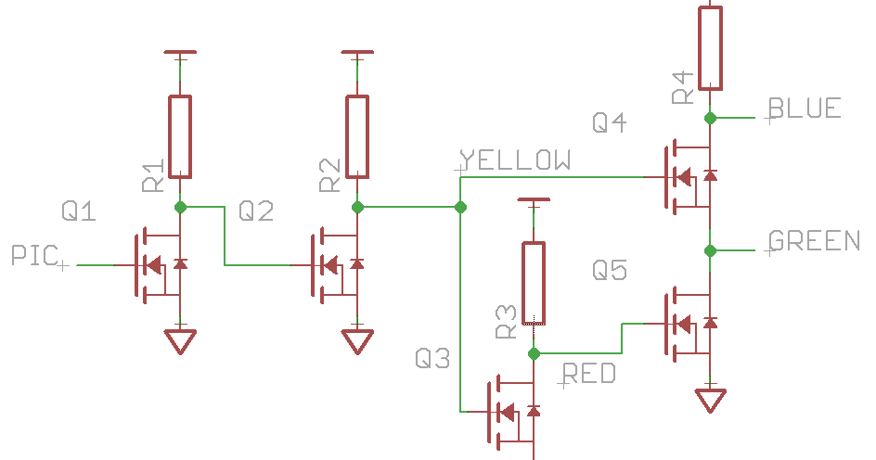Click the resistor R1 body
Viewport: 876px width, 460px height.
[x=180, y=136]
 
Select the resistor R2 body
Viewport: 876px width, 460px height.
[x=357, y=136]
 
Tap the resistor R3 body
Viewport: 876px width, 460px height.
[x=534, y=283]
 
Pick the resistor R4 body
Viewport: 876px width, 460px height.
[x=710, y=46]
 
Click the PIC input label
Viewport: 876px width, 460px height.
[x=35, y=255]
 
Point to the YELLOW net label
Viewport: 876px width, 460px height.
[x=517, y=160]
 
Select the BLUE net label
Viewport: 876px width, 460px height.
[x=805, y=109]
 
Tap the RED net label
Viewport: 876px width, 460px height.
[x=590, y=374]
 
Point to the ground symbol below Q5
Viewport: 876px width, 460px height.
[x=711, y=400]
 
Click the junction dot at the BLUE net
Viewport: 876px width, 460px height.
[x=710, y=118]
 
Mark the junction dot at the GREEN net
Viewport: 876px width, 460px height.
[x=710, y=250]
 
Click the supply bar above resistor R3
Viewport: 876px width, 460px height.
[x=534, y=200]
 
